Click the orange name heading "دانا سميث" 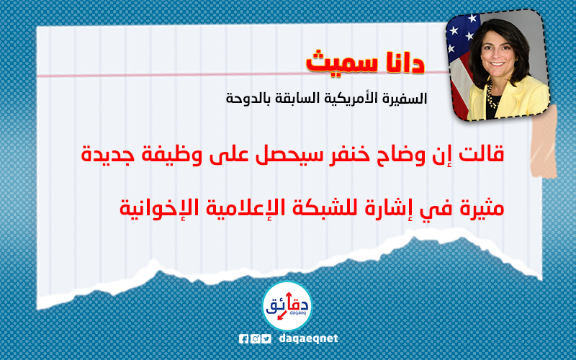point(365,63)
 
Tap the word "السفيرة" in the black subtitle point(408,98)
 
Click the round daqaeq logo point(287,307)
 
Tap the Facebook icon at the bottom point(243,338)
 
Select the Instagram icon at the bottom point(256,338)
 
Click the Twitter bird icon point(267,338)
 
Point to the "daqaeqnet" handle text point(308,338)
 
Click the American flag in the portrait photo point(459,66)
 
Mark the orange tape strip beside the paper point(544,144)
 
